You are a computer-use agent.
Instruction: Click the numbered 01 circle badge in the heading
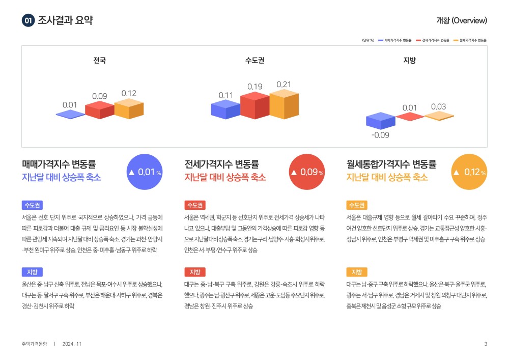28,20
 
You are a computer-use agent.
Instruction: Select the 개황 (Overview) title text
462,20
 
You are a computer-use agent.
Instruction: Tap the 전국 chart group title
99,61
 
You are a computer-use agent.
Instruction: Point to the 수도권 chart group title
254,61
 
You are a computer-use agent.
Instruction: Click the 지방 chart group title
409,61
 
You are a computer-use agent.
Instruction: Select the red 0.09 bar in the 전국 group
100,109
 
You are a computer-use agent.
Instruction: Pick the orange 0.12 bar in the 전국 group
129,108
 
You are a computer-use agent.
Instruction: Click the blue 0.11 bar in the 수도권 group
225,109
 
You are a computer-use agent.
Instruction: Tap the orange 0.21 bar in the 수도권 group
284,104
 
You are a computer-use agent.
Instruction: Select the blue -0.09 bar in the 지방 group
380,121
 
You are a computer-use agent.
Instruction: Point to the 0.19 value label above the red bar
255,87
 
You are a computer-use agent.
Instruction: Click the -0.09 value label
380,135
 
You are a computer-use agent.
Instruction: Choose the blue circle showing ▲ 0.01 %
145,172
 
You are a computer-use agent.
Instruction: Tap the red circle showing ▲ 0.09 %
307,172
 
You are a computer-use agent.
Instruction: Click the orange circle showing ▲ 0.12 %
469,172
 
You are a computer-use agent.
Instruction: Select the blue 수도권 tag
32,205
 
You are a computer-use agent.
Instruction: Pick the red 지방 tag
195,272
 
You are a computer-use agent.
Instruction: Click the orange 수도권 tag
357,205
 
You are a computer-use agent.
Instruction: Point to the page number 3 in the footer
486,344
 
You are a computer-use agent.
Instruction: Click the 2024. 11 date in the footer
72,344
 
